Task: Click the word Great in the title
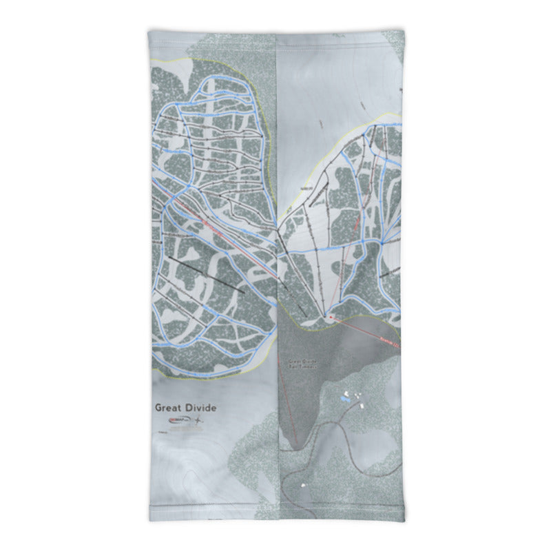coord(169,408)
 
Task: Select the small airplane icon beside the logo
coord(199,419)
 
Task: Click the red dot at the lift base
coord(331,318)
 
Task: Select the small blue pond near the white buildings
coord(344,399)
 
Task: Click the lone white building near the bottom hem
coord(304,486)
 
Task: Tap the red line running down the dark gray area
coord(287,399)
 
